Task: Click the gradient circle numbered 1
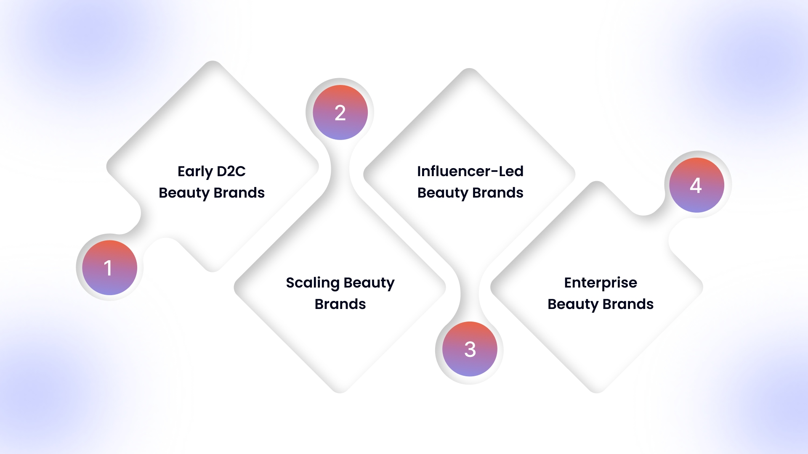click(109, 268)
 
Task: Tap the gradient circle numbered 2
click(340, 113)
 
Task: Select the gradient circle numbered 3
click(470, 349)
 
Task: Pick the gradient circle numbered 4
click(696, 185)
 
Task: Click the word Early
click(195, 172)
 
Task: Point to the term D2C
click(231, 172)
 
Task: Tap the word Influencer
click(454, 172)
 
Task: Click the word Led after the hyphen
click(511, 172)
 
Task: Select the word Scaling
click(313, 283)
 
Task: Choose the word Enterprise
click(601, 283)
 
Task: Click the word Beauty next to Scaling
click(370, 283)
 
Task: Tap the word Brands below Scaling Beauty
click(340, 304)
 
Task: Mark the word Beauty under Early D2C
click(184, 193)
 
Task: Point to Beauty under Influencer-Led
click(442, 193)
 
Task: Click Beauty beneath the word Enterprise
click(573, 304)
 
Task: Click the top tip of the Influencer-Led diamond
click(469, 71)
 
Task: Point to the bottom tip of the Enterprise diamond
click(596, 391)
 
